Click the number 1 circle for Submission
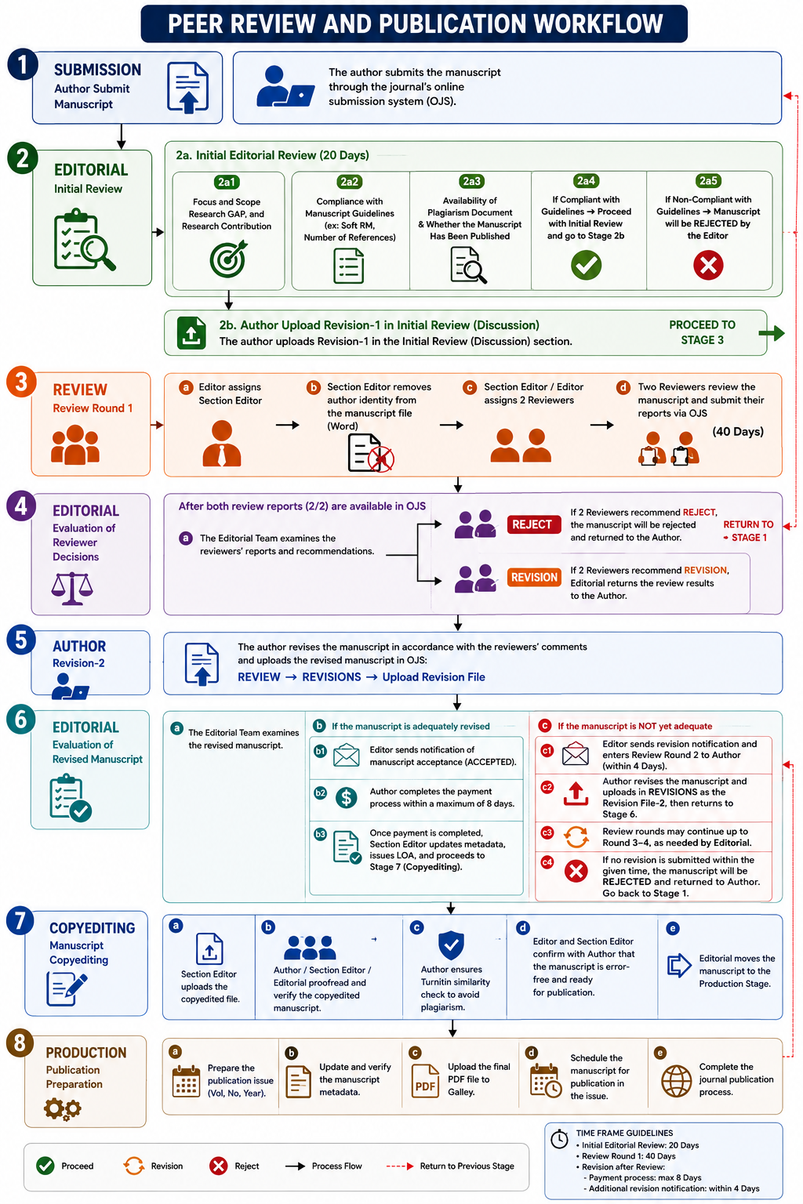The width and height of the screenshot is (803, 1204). (23, 65)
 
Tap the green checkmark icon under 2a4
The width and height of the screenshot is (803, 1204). (586, 265)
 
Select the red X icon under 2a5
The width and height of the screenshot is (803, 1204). (708, 265)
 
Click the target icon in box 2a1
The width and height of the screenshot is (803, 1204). (228, 259)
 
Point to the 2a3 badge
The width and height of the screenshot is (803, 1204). (471, 181)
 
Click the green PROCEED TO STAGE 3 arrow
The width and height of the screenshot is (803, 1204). (772, 333)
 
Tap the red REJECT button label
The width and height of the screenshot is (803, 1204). (532, 524)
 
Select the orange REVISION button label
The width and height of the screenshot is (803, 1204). (534, 577)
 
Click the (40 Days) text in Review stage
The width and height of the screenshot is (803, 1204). (738, 432)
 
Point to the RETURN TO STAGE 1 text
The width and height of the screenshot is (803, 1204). (747, 531)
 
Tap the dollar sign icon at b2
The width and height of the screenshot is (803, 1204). (347, 797)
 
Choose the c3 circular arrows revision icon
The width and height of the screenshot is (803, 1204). (576, 836)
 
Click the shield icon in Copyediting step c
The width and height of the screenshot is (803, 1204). (451, 945)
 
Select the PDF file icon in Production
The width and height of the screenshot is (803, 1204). (425, 1080)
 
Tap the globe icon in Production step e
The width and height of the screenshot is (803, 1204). (676, 1081)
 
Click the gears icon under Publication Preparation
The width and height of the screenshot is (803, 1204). (63, 1108)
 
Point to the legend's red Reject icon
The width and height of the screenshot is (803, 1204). (218, 1166)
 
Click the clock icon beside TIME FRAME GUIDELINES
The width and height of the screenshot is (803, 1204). (559, 1138)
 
